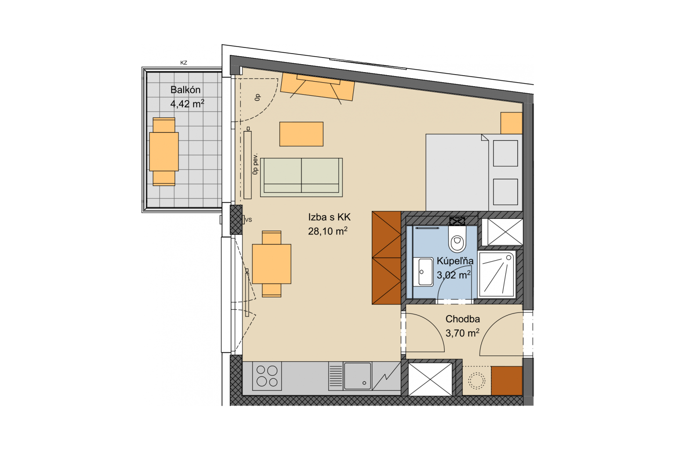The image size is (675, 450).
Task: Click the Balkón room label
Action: pyautogui.click(x=185, y=90)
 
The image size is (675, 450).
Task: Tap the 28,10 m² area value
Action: pyautogui.click(x=327, y=231)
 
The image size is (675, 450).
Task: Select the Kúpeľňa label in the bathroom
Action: pyautogui.click(x=455, y=261)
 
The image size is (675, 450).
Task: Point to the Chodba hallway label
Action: pyautogui.click(x=463, y=319)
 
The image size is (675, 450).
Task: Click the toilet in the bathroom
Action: pyautogui.click(x=457, y=240)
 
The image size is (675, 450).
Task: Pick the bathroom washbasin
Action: pyautogui.click(x=423, y=272)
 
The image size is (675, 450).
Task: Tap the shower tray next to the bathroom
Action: pyautogui.click(x=496, y=275)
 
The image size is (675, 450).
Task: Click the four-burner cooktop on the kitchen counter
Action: pyautogui.click(x=267, y=376)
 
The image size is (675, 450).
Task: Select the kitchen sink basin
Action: pyautogui.click(x=358, y=376)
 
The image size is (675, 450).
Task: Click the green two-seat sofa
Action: pyautogui.click(x=301, y=178)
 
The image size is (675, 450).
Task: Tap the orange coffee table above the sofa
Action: pyautogui.click(x=301, y=134)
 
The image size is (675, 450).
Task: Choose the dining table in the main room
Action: pyautogui.click(x=272, y=264)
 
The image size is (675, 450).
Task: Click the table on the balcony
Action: pyautogui.click(x=164, y=152)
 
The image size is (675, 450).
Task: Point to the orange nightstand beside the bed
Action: pyautogui.click(x=512, y=123)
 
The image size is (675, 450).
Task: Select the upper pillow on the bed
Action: pyautogui.click(x=505, y=153)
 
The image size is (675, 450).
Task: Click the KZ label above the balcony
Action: pyautogui.click(x=184, y=63)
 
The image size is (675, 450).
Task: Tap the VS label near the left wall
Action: pyautogui.click(x=248, y=220)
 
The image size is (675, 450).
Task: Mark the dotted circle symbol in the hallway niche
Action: pyautogui.click(x=477, y=381)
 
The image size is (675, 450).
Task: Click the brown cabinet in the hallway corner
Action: pyautogui.click(x=507, y=381)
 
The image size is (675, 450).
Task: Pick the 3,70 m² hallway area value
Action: pyautogui.click(x=462, y=333)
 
